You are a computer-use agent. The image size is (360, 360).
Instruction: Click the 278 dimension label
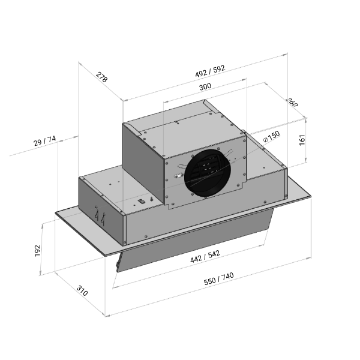click(x=101, y=77)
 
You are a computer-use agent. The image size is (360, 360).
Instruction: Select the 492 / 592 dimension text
click(x=210, y=71)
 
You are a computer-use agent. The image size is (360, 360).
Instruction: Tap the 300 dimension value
click(x=205, y=87)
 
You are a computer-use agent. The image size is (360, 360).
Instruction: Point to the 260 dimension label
click(x=292, y=103)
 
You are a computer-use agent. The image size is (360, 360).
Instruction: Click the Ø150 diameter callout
click(x=272, y=136)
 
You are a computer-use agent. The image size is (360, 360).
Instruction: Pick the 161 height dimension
click(x=302, y=140)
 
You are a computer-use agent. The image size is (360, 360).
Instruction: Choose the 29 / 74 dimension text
click(x=44, y=141)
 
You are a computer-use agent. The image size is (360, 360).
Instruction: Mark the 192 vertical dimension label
click(x=37, y=250)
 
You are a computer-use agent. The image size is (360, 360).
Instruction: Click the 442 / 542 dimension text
click(x=205, y=256)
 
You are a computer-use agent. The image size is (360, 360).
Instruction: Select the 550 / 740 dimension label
click(x=219, y=278)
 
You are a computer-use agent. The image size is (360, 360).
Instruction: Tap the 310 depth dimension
click(x=82, y=290)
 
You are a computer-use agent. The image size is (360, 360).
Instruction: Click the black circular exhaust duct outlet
click(x=208, y=173)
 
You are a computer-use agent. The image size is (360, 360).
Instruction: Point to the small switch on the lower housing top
click(x=142, y=202)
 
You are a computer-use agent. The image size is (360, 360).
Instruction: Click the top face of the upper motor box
click(x=184, y=128)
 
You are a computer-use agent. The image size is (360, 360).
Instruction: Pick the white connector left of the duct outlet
click(x=178, y=176)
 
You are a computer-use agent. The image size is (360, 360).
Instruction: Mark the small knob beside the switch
click(x=152, y=198)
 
